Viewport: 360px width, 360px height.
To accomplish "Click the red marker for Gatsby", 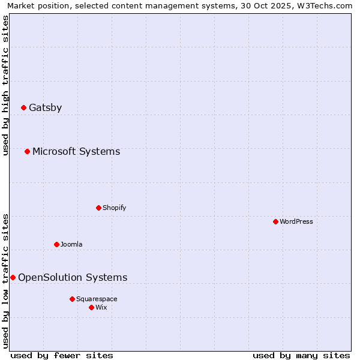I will (23, 108).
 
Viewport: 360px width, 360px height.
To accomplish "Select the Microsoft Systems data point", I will (27, 151).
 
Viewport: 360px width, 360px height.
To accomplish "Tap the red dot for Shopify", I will (98, 208).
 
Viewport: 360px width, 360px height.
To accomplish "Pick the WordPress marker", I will (275, 221).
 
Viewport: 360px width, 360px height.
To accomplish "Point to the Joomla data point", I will (56, 244).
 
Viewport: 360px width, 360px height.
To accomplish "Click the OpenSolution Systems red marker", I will (13, 277).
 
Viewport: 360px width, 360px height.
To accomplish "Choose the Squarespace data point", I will (72, 299).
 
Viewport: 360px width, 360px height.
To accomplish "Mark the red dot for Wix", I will (91, 307).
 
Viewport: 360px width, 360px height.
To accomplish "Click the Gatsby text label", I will (45, 108).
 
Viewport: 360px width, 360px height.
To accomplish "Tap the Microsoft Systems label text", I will (76, 151).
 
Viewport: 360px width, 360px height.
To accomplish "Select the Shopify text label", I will (114, 208).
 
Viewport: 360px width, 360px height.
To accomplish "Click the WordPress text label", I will (296, 221).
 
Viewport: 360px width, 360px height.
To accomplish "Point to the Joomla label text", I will (71, 244).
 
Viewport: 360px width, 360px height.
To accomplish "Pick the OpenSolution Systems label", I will (73, 277).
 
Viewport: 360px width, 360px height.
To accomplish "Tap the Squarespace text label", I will (97, 299).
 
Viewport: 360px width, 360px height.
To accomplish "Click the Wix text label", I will (101, 307).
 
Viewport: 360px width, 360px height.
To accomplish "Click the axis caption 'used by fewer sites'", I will (62, 355).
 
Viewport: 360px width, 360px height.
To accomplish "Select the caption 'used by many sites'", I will (301, 355).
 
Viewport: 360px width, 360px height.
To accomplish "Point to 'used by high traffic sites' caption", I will (6, 85).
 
